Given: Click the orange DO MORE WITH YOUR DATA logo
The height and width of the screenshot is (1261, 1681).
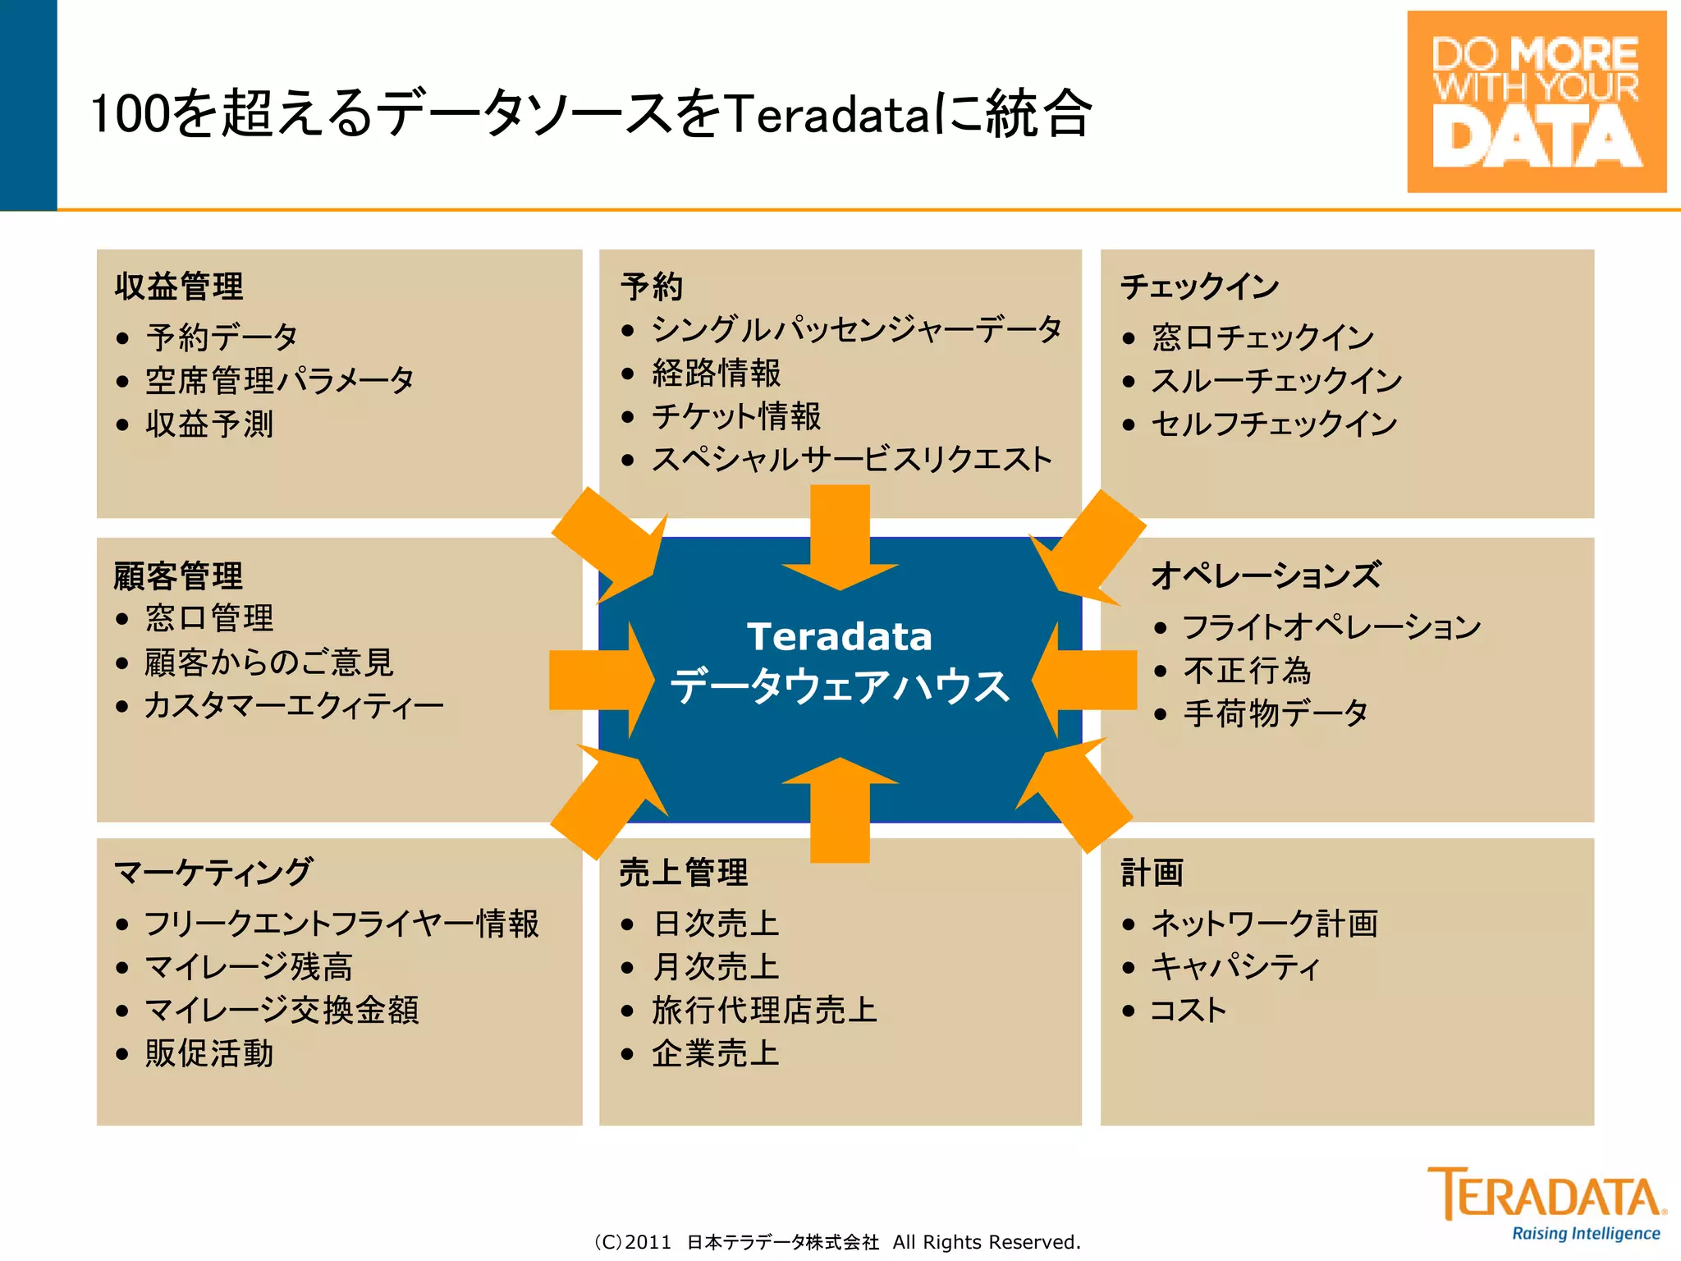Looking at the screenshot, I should (x=1536, y=101).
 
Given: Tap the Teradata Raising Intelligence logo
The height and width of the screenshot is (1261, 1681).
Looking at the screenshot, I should (x=1547, y=1202).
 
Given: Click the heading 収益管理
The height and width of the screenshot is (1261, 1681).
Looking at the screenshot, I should (x=179, y=287).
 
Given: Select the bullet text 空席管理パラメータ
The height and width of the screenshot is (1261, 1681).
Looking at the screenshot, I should (x=279, y=381).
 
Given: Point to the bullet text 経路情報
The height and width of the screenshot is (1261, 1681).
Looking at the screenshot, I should (x=716, y=373).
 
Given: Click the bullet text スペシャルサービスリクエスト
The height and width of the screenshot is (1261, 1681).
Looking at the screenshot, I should (x=851, y=459).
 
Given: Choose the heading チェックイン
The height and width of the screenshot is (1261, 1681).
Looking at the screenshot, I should (x=1199, y=287).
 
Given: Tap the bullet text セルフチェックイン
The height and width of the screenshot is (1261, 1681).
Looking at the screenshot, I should (x=1273, y=424).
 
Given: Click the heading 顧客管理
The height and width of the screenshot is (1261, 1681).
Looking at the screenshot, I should (x=178, y=575).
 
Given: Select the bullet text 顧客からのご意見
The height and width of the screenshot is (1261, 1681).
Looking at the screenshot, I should (x=269, y=663).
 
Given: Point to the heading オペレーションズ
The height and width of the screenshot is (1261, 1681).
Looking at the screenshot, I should (x=1266, y=575).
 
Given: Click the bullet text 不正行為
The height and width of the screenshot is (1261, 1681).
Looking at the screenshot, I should (x=1247, y=671).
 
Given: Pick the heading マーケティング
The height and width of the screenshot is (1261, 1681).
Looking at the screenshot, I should (x=213, y=872).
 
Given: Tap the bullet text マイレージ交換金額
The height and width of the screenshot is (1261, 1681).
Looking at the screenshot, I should (x=282, y=1010).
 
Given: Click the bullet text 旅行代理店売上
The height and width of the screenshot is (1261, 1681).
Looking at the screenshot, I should (x=764, y=1010).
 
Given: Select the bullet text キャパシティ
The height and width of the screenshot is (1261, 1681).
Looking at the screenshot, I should (x=1235, y=967).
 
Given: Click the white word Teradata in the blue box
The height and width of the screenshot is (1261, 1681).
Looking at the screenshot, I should (x=839, y=636).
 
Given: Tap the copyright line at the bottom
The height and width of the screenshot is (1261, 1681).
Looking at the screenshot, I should (x=837, y=1242).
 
